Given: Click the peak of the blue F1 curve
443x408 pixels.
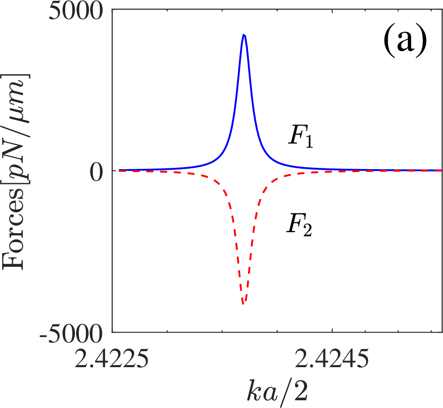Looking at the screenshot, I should click(x=244, y=35).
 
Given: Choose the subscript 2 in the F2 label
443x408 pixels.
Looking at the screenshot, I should click(x=307, y=231).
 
